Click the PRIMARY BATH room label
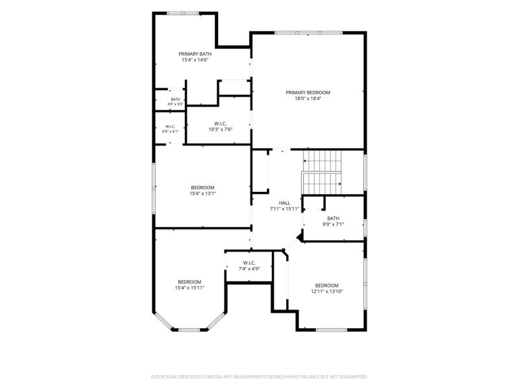click(x=195, y=54)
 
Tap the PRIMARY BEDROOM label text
click(x=308, y=92)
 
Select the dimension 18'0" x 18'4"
click(x=308, y=99)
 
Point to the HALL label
click(x=284, y=203)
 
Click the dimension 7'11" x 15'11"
click(x=284, y=209)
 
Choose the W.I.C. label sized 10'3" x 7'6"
click(x=221, y=123)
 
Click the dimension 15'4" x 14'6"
click(x=195, y=60)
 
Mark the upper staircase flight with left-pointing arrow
click(x=322, y=161)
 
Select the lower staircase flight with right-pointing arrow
click(x=321, y=183)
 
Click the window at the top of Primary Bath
click(x=183, y=13)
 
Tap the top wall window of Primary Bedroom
click(x=309, y=33)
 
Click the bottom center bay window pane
click(x=189, y=330)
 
